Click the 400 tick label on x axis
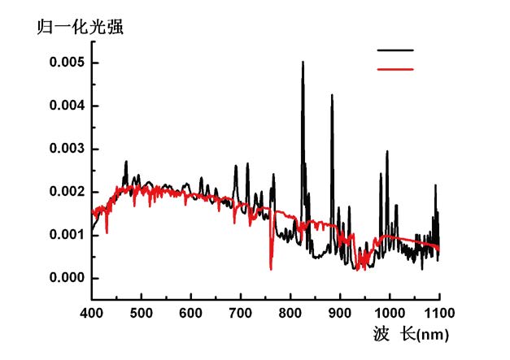click(92, 311)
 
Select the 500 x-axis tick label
click(142, 311)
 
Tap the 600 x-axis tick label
click(191, 311)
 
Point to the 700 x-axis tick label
click(241, 311)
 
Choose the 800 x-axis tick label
click(290, 311)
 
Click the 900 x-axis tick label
click(340, 311)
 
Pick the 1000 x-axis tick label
click(390, 311)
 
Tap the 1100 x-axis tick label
click(439, 311)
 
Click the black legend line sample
click(396, 50)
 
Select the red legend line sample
click(396, 69)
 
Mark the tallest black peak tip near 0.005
click(303, 62)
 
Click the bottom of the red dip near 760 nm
click(271, 268)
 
